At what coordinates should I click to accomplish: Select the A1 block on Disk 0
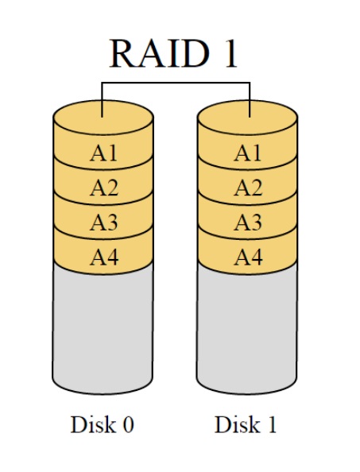click(103, 154)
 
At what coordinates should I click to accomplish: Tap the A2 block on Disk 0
click(103, 188)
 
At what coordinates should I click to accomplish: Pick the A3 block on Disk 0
click(103, 222)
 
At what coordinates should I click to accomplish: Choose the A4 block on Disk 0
click(103, 257)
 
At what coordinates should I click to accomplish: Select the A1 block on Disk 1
click(248, 154)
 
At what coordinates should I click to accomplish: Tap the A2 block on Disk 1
click(248, 188)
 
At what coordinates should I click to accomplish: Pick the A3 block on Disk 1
click(248, 222)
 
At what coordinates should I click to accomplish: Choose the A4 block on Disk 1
click(248, 257)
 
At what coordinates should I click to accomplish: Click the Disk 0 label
click(102, 425)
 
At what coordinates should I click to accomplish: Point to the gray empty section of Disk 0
click(103, 334)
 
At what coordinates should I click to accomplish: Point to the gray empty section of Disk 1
click(248, 334)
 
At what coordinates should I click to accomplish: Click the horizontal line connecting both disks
click(176, 83)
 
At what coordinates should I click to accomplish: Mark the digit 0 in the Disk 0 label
click(128, 425)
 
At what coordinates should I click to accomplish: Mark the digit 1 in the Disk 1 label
click(272, 425)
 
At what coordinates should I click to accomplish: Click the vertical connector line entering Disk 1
click(250, 99)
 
